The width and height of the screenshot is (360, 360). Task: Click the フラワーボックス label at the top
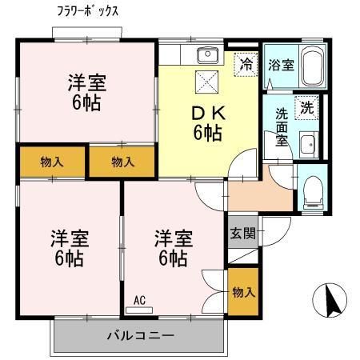pos(88,13)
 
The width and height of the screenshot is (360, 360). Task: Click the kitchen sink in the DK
pos(207,55)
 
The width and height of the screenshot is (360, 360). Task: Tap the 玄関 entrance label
pos(242,234)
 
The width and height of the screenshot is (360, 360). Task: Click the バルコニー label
pos(140,334)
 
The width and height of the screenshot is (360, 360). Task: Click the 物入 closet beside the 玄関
pos(243,290)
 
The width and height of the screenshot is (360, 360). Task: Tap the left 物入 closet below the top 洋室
pos(52,162)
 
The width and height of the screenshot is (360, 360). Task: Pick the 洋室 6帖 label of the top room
pos(86,92)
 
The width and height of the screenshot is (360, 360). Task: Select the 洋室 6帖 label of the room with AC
pos(173,248)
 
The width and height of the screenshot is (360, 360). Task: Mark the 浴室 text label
pos(281,64)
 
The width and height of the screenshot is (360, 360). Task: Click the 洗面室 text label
pos(282,126)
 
